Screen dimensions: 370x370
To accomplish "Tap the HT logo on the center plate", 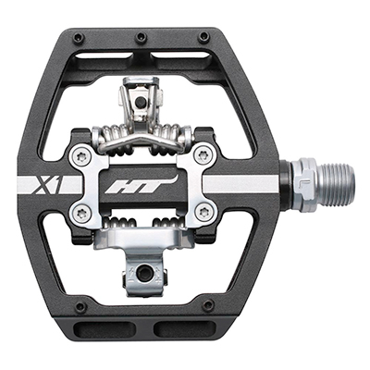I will [142, 186].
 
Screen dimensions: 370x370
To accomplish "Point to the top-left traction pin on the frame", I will [79, 38].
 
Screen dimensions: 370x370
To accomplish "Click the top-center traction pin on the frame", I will [142, 37].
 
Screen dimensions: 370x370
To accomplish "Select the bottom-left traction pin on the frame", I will [80, 306].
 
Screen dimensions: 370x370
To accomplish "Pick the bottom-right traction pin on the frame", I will [207, 304].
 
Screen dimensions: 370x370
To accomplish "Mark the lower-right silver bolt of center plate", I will [204, 212].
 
